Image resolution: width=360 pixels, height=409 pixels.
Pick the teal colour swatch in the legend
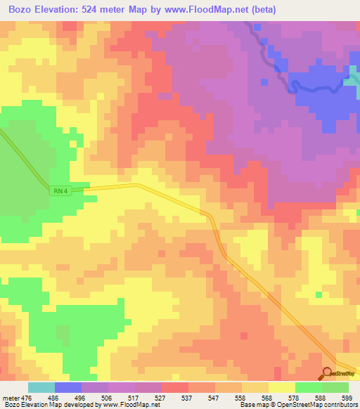pos(41,387)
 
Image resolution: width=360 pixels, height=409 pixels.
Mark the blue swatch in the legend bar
pos(68,387)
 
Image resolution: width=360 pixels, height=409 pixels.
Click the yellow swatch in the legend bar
pos(281,387)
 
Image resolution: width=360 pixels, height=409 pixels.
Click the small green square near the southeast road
pos(319,294)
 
